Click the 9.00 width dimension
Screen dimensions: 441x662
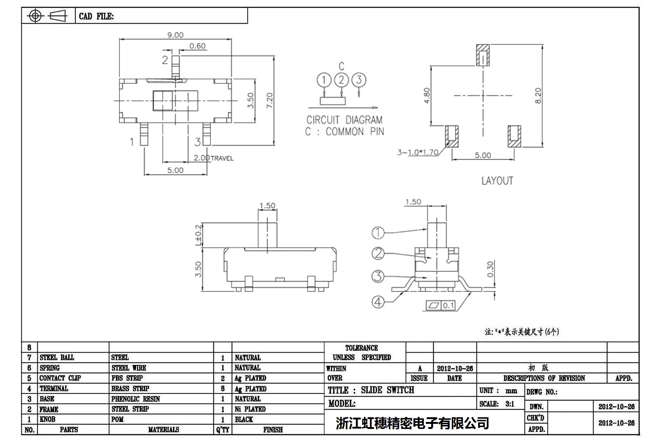pyautogui.click(x=175, y=35)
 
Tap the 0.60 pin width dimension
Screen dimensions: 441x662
pyautogui.click(x=197, y=46)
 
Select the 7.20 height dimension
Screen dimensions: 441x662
pyautogui.click(x=269, y=100)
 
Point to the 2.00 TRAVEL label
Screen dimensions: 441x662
pyautogui.click(x=213, y=158)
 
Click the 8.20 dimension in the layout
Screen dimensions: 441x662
pyautogui.click(x=538, y=96)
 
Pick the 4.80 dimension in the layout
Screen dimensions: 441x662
pyautogui.click(x=427, y=96)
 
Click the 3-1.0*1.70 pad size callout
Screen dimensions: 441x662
pyautogui.click(x=418, y=152)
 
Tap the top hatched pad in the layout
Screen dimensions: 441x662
pyautogui.click(x=483, y=55)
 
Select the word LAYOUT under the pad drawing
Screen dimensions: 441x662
pyautogui.click(x=497, y=181)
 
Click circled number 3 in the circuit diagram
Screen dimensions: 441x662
pyautogui.click(x=359, y=80)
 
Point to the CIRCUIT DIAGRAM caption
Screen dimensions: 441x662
pyautogui.click(x=344, y=120)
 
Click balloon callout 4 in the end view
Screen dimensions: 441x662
pyautogui.click(x=378, y=302)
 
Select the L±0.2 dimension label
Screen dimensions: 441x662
pyautogui.click(x=198, y=235)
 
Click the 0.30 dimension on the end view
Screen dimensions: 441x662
pyautogui.click(x=490, y=269)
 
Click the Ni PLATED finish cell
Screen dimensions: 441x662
pyautogui.click(x=250, y=409)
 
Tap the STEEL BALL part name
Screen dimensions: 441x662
pyautogui.click(x=57, y=357)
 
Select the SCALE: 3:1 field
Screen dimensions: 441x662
pyautogui.click(x=497, y=404)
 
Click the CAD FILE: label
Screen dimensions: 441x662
pyautogui.click(x=96, y=16)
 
